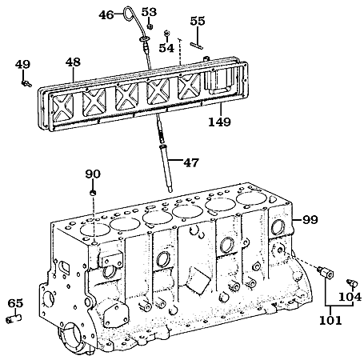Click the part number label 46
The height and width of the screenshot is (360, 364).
click(106, 14)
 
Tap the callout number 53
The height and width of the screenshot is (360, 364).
click(149, 12)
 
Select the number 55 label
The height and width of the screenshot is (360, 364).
click(198, 21)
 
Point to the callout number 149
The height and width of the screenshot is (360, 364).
click(219, 122)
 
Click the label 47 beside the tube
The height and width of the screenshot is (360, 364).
click(191, 162)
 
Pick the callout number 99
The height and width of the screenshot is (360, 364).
click(310, 220)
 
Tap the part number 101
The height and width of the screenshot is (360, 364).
click(330, 320)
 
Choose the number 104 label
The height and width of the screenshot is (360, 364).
click(350, 297)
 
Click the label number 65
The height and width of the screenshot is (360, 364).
click(15, 303)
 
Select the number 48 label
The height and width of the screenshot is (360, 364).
click(73, 62)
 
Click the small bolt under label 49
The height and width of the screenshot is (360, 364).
click(26, 83)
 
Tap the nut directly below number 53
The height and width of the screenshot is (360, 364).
click(150, 26)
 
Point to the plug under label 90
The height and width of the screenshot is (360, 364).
click(93, 193)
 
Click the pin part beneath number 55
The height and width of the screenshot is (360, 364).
click(197, 46)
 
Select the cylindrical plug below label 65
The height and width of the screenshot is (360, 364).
click(14, 319)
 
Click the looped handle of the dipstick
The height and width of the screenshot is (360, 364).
click(129, 14)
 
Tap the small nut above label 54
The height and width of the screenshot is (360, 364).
click(167, 33)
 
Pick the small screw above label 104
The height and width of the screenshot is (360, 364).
click(351, 283)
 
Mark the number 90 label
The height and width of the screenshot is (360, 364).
click(93, 174)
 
